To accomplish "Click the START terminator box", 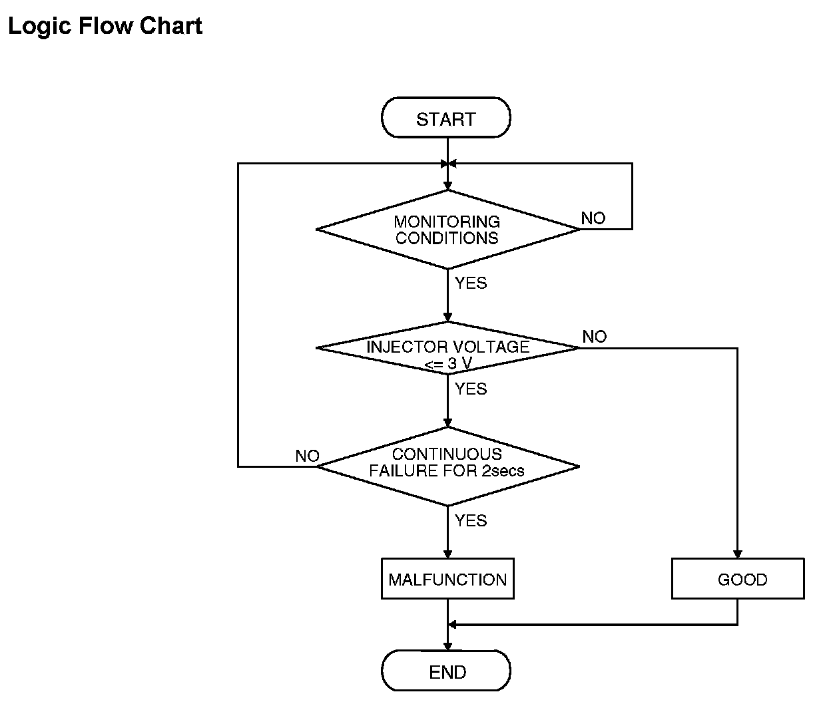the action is coord(446,117).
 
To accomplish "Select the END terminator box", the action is coord(446,670).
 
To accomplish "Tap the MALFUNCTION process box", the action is coord(447,579).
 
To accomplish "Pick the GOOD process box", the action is coord(738,579).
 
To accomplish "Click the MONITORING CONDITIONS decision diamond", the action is coord(447,230).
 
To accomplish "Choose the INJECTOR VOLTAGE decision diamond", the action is coord(447,348).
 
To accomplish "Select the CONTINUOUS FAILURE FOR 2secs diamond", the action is coord(447,466).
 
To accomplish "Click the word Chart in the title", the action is coord(171,26).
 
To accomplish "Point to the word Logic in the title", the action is coord(40,27).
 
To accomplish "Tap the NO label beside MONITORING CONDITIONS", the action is coord(593,218).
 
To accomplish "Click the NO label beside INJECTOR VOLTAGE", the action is coord(594,336).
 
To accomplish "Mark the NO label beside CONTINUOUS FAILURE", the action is coord(307,456).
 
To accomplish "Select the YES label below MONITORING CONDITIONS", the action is coord(471,283).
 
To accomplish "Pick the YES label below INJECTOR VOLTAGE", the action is coord(471,389).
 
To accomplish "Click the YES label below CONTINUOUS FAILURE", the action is coord(471,520).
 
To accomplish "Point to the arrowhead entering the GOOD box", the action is coord(737,554).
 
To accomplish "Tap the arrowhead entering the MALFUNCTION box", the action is coord(447,554).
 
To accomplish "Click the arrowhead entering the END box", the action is coord(447,646).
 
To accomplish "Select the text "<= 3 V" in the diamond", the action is coord(448,364).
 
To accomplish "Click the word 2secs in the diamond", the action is coord(503,470).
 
